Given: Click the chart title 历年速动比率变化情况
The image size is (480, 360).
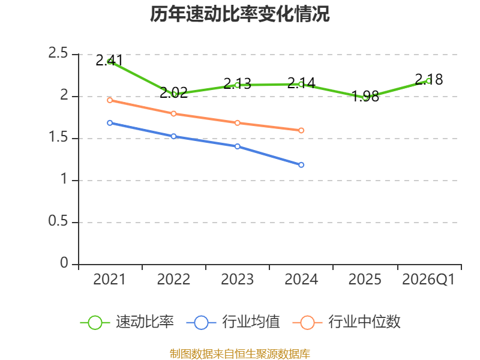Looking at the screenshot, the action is pyautogui.click(x=239, y=14).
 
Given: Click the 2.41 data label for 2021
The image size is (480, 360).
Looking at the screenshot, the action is pyautogui.click(x=109, y=61).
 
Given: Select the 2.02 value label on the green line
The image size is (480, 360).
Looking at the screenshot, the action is pyautogui.click(x=173, y=93).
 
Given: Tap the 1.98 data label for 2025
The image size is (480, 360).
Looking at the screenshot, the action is pyautogui.click(x=365, y=97).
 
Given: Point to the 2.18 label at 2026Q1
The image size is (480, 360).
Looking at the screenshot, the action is pyautogui.click(x=429, y=80).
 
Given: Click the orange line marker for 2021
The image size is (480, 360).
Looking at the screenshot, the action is pyautogui.click(x=110, y=100).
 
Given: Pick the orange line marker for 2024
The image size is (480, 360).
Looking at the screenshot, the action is pyautogui.click(x=301, y=130).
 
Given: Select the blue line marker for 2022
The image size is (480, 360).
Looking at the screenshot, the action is pyautogui.click(x=173, y=136).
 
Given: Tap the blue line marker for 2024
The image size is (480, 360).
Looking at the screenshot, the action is pyautogui.click(x=301, y=165).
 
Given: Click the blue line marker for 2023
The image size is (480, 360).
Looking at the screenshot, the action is pyautogui.click(x=238, y=146).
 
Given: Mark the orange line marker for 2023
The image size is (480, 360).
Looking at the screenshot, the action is pyautogui.click(x=238, y=123).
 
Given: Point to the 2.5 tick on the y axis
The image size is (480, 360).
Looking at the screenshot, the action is pyautogui.click(x=58, y=53).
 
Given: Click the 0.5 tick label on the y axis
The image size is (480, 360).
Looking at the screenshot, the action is pyautogui.click(x=58, y=221).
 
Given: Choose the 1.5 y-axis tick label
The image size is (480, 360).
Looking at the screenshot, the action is pyautogui.click(x=58, y=137).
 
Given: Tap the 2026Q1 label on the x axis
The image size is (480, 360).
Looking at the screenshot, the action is pyautogui.click(x=428, y=280).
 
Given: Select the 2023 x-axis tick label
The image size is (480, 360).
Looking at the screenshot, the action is pyautogui.click(x=237, y=280).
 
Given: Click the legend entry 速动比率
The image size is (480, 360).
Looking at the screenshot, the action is pyautogui.click(x=127, y=322).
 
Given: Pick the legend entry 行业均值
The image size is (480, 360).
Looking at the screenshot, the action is pyautogui.click(x=233, y=322).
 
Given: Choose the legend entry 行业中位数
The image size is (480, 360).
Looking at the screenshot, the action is pyautogui.click(x=347, y=322).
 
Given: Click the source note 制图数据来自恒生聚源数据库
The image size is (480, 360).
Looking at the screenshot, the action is pyautogui.click(x=240, y=354).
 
